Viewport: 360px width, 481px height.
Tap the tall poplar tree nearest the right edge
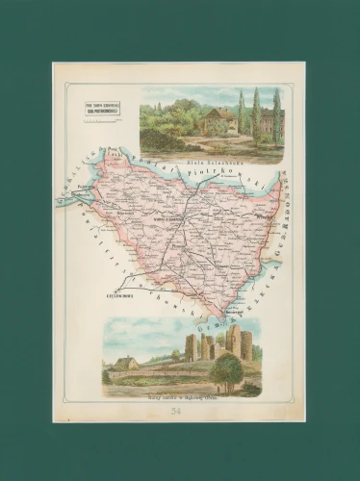tap(276, 114)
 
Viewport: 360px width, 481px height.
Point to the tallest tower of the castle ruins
tap(234, 340)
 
